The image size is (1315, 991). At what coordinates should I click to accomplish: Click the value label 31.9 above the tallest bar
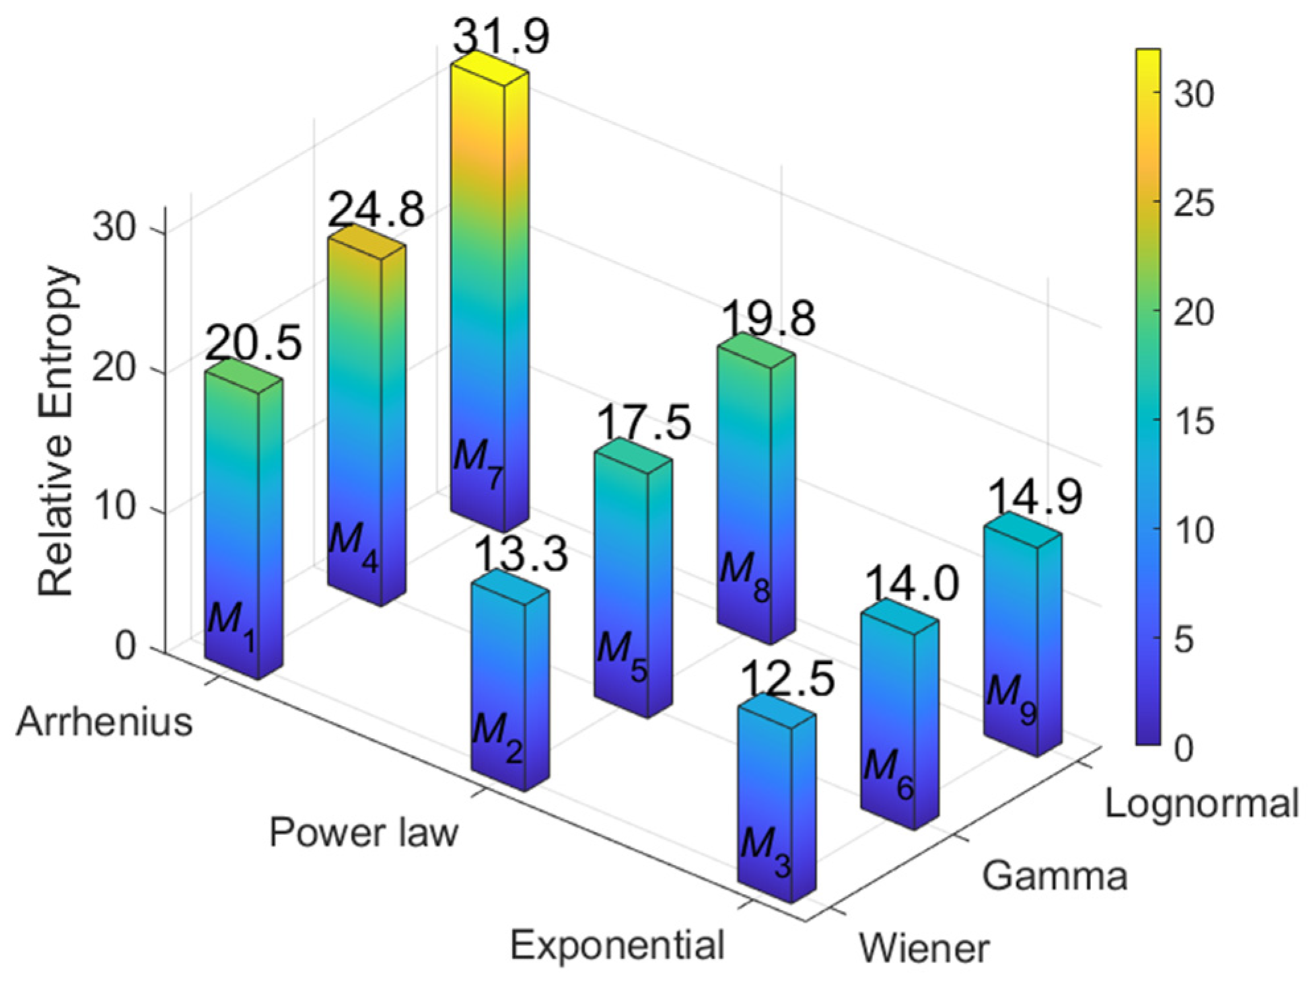tap(501, 36)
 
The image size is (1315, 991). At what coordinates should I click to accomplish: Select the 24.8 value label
tap(375, 210)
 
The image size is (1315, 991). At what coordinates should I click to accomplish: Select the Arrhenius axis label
tap(104, 722)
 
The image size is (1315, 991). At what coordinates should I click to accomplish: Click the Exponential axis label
tap(617, 945)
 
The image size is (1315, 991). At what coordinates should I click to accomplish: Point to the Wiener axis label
tap(923, 949)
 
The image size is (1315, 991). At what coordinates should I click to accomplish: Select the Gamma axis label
tap(1054, 877)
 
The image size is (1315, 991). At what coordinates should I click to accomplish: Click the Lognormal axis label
tap(1201, 804)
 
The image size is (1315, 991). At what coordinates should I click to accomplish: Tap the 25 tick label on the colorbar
tap(1193, 203)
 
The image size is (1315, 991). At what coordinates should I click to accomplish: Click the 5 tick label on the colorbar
tap(1184, 640)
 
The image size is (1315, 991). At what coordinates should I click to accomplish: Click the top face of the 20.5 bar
tap(244, 376)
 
